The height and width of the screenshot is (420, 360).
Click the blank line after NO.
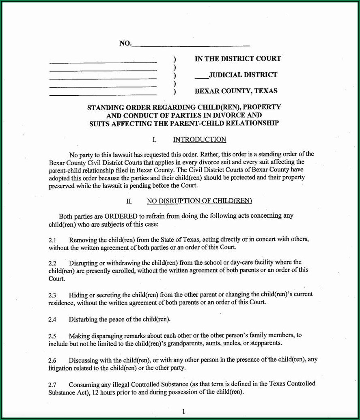click(190, 45)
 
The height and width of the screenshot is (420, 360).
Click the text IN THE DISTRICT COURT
click(237, 59)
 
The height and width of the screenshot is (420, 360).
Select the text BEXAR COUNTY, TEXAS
click(236, 91)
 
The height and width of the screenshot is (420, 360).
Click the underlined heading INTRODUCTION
click(199, 140)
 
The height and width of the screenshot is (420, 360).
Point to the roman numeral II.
click(129, 201)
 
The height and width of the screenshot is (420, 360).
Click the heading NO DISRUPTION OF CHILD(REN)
click(199, 201)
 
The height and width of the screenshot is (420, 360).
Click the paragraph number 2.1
click(52, 240)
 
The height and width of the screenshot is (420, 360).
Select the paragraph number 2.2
click(52, 263)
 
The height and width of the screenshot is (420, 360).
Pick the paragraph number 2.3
click(52, 295)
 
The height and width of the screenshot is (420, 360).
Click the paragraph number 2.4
click(52, 320)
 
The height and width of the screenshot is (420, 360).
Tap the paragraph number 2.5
click(52, 336)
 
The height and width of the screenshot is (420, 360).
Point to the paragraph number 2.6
click(52, 360)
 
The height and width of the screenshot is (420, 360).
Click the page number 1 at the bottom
click(183, 411)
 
